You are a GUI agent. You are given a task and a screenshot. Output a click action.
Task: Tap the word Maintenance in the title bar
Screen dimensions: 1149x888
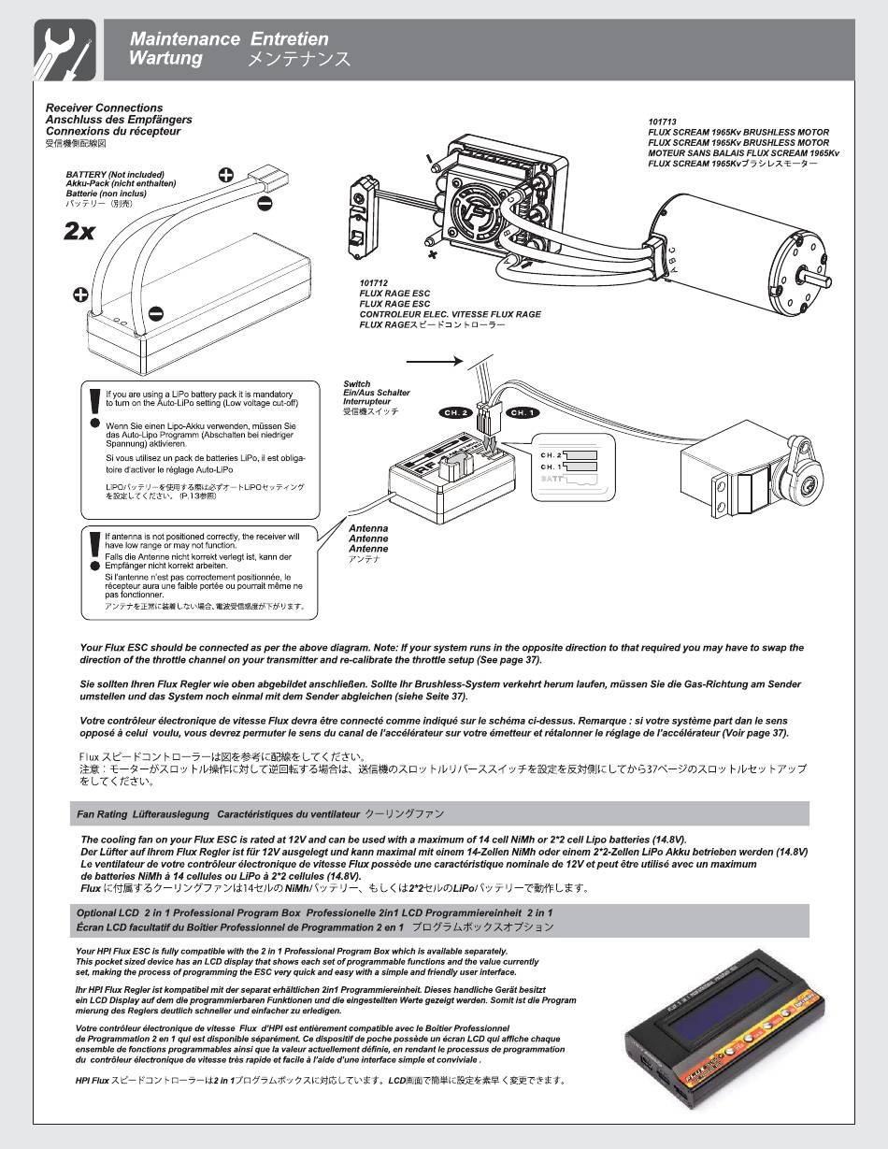(184, 39)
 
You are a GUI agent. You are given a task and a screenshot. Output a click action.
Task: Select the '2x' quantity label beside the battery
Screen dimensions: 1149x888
(79, 232)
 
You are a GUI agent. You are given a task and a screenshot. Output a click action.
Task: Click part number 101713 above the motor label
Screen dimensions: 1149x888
(662, 122)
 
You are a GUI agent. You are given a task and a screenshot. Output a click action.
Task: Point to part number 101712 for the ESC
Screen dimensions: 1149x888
(373, 282)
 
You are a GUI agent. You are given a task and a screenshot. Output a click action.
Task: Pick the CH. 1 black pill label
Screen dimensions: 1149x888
(522, 412)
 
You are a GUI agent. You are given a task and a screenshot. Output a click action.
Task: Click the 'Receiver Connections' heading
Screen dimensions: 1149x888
(104, 108)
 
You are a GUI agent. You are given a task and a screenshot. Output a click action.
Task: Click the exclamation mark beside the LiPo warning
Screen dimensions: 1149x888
(94, 407)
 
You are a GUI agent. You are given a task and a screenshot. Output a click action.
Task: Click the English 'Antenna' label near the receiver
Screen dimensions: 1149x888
(367, 528)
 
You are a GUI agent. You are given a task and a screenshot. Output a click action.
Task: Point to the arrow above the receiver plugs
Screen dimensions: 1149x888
(436, 360)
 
